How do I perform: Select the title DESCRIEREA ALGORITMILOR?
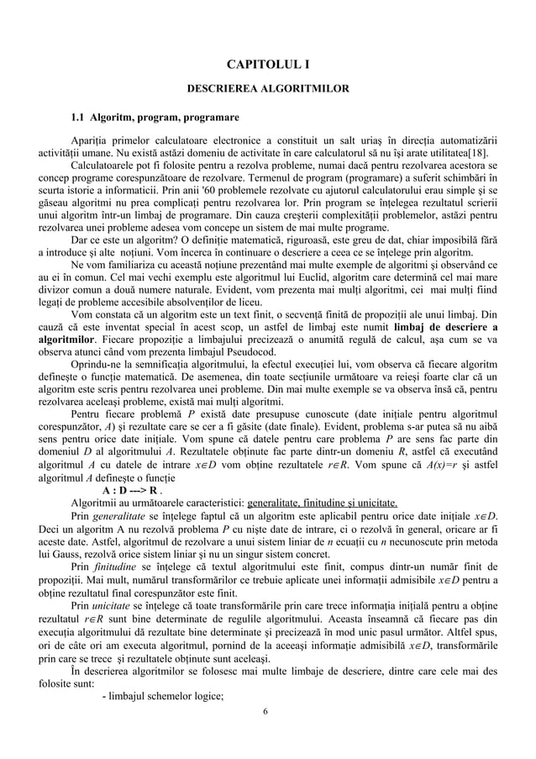pyautogui.click(x=267, y=88)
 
